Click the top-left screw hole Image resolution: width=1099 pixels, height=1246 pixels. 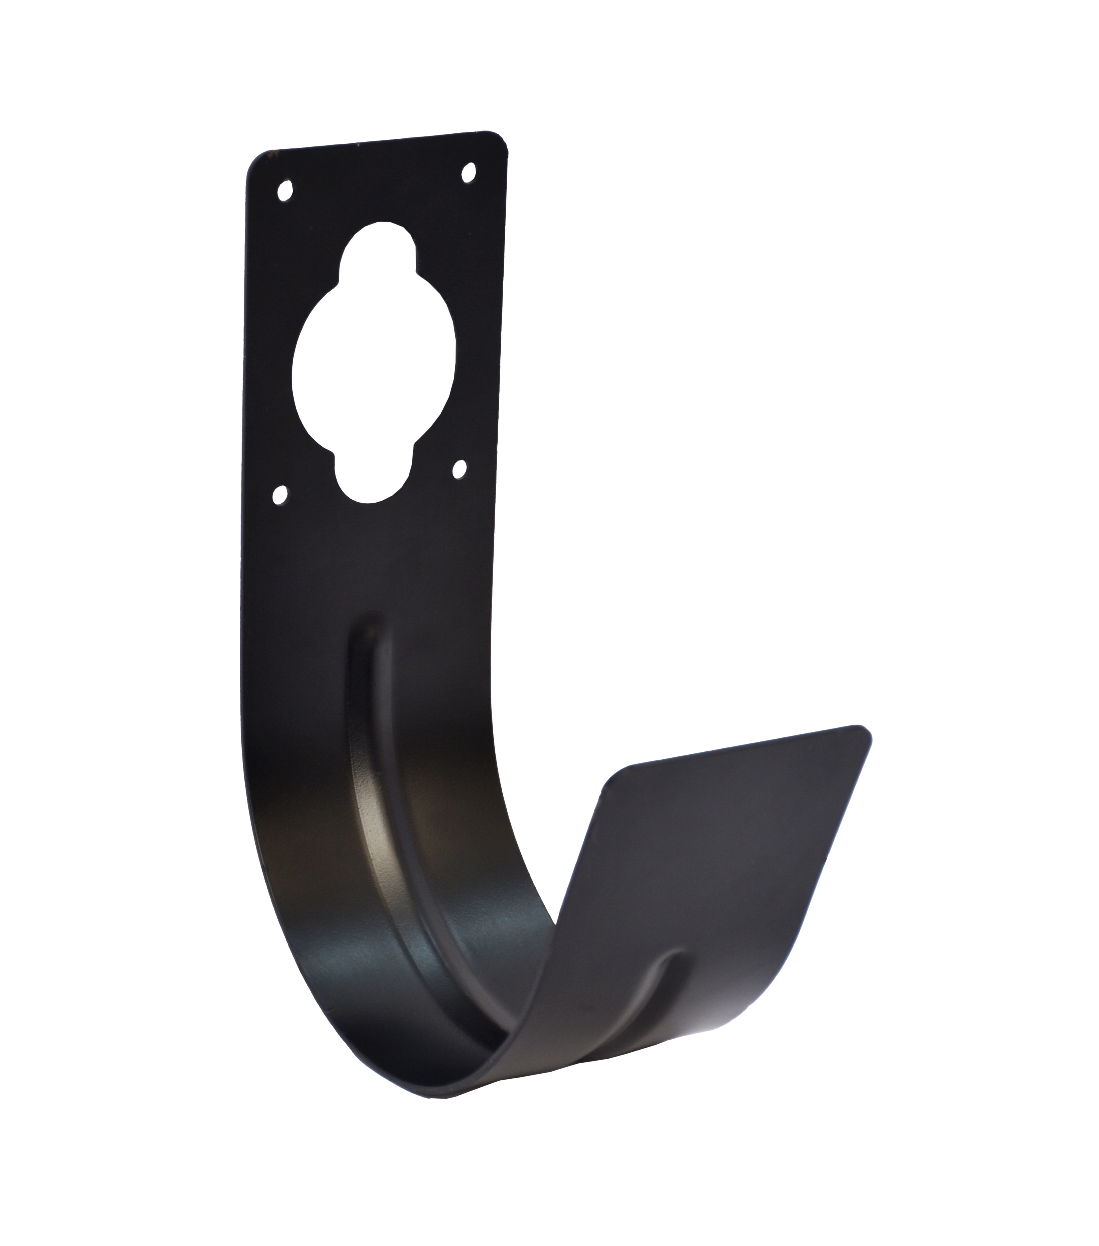pos(284,191)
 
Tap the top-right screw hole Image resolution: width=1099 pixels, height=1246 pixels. pos(468,172)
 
